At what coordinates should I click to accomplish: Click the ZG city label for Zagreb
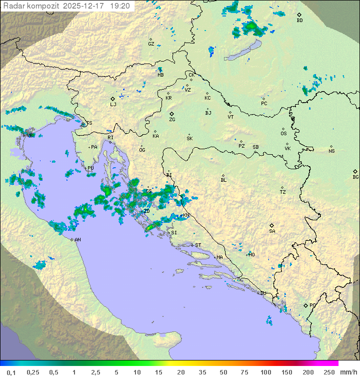point(172,120)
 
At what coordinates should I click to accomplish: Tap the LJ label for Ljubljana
point(113,104)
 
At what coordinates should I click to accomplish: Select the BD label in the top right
point(299,21)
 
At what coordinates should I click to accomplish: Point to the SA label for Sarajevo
point(272,231)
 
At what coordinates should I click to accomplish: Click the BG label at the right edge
point(355,177)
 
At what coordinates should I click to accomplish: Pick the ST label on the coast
point(198,245)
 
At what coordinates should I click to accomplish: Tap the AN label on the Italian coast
point(77,240)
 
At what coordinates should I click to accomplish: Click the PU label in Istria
point(90,168)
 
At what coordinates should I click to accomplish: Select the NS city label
point(331,151)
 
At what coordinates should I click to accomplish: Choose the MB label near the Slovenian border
point(160,75)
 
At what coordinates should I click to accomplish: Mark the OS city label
point(283,134)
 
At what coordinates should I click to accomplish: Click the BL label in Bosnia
point(223,180)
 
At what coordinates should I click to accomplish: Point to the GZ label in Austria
point(151,44)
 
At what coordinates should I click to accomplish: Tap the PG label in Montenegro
point(312,305)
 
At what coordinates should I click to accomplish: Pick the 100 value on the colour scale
point(265,372)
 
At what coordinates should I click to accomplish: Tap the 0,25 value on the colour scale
point(33,372)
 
